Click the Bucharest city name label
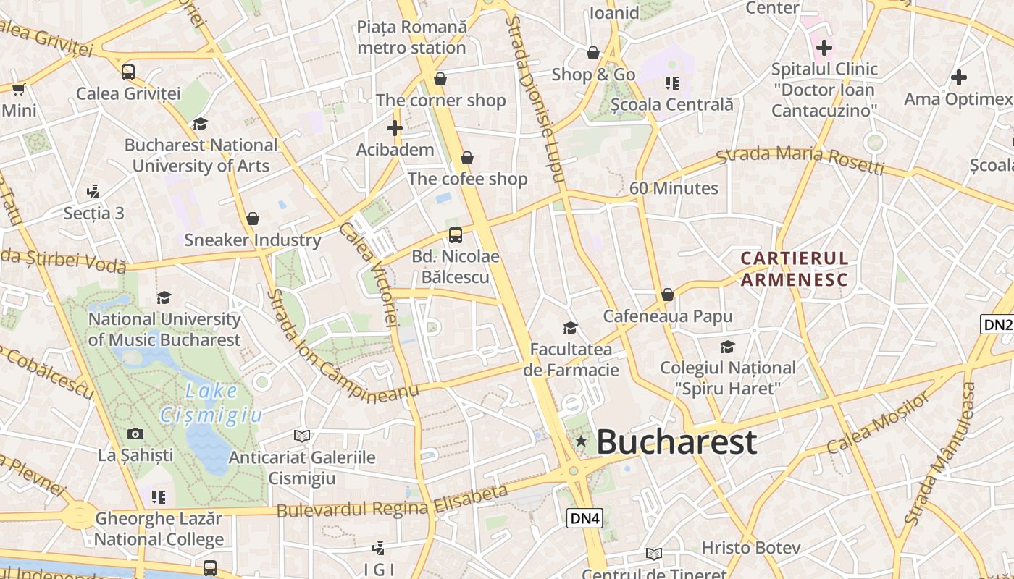pos(676,441)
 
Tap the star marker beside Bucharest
pos(581,441)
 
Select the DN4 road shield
pos(584,518)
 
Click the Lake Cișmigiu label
pos(211,403)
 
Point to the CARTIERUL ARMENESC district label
pos(794,269)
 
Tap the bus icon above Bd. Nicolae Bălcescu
pos(456,234)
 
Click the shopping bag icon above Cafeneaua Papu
pos(668,295)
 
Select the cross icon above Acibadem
pos(395,129)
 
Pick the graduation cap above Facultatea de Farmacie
pos(571,328)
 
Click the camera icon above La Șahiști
pos(135,434)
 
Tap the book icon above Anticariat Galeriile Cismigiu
pos(302,436)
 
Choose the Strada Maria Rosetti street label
pos(800,160)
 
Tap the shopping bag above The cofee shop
pos(467,158)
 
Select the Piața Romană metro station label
pos(411,38)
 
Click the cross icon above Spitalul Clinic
pos(824,48)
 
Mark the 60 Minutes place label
pos(674,188)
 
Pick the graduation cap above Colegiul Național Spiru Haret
pos(727,347)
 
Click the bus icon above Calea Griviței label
pos(128,72)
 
